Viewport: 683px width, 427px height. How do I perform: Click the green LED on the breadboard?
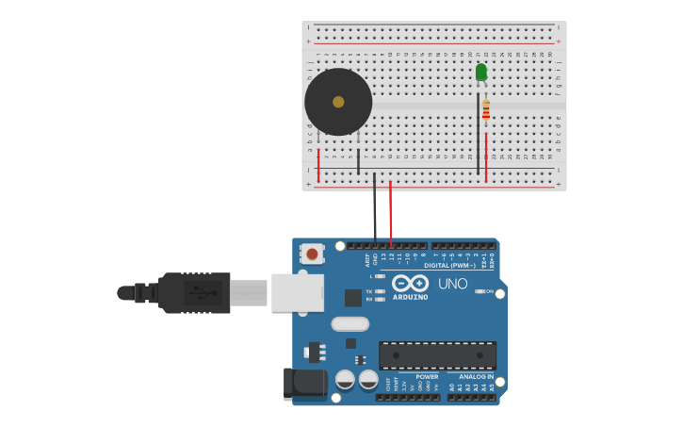coord(481,72)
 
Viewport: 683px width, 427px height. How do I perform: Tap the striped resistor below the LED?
coord(486,110)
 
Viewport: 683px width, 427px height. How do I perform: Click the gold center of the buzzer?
coord(338,102)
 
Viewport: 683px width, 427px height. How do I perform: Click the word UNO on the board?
coord(452,284)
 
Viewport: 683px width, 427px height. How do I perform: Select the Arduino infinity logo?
coord(411,283)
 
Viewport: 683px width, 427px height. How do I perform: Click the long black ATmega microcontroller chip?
coord(437,354)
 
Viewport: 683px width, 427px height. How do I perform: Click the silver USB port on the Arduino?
coord(297,292)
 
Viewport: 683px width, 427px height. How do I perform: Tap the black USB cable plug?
coord(194,292)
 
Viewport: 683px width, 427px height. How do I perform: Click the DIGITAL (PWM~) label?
coord(449,266)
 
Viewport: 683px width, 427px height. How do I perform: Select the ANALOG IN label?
coord(470,377)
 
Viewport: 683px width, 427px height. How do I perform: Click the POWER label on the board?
coord(427,377)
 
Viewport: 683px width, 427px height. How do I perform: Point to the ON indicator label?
coord(489,291)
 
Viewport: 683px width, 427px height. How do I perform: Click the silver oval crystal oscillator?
coord(350,323)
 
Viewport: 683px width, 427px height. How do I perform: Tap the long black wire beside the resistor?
coord(478,132)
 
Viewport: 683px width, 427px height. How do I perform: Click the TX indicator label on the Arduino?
coord(369,291)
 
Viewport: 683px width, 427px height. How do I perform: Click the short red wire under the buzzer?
coord(318,164)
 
